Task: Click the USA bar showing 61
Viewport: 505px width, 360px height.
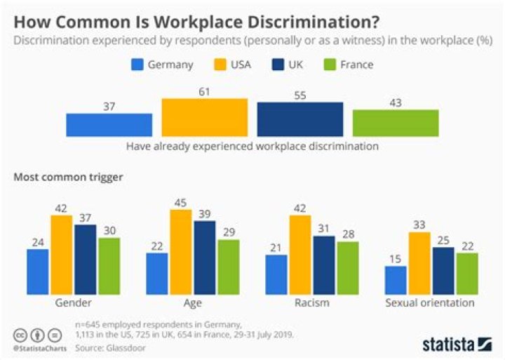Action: pos(204,117)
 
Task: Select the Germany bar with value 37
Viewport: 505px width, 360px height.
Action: pos(109,124)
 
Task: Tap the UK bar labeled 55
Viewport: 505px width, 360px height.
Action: pos(300,119)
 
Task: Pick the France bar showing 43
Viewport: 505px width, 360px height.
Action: pos(395,123)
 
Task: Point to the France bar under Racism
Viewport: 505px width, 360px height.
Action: pos(348,267)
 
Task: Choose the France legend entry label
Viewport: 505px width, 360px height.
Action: pos(358,65)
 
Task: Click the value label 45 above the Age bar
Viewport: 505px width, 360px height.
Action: pos(180,203)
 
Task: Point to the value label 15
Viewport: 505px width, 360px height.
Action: pos(396,259)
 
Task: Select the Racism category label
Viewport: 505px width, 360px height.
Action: pos(312,303)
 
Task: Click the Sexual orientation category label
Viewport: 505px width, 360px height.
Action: pos(430,303)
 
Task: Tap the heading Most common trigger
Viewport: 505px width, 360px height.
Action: pos(68,177)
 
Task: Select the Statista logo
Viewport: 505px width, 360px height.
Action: pos(457,344)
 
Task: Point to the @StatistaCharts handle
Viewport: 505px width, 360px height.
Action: pos(36,349)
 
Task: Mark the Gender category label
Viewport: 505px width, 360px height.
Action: pos(73,303)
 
